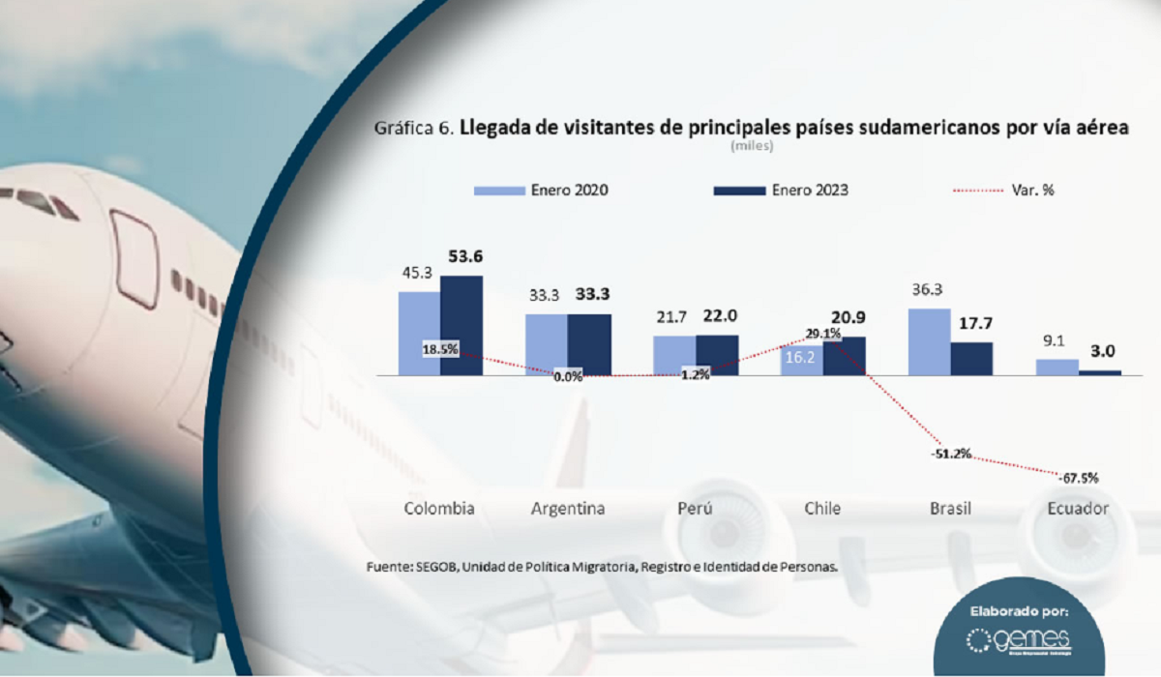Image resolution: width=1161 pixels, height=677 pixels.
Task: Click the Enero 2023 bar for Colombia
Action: point(461,325)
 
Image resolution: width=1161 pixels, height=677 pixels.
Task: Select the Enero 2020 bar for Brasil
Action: point(929,341)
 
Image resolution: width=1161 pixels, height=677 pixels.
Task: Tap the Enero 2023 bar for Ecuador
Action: point(1100,372)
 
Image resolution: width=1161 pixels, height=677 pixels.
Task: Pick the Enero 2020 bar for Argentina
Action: point(547,344)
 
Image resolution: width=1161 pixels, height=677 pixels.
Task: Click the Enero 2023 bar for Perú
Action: point(717,355)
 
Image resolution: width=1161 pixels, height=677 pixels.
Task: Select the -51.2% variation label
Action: point(951,455)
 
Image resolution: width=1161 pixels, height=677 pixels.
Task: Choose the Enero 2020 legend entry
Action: point(541,191)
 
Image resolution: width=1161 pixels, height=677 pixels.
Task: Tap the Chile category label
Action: point(822,509)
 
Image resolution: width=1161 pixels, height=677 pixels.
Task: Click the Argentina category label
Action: point(568,509)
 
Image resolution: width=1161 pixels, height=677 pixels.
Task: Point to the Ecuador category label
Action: point(1077,509)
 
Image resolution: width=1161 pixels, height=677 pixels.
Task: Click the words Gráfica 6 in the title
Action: point(413,128)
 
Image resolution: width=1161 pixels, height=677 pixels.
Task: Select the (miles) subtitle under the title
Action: point(752,146)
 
